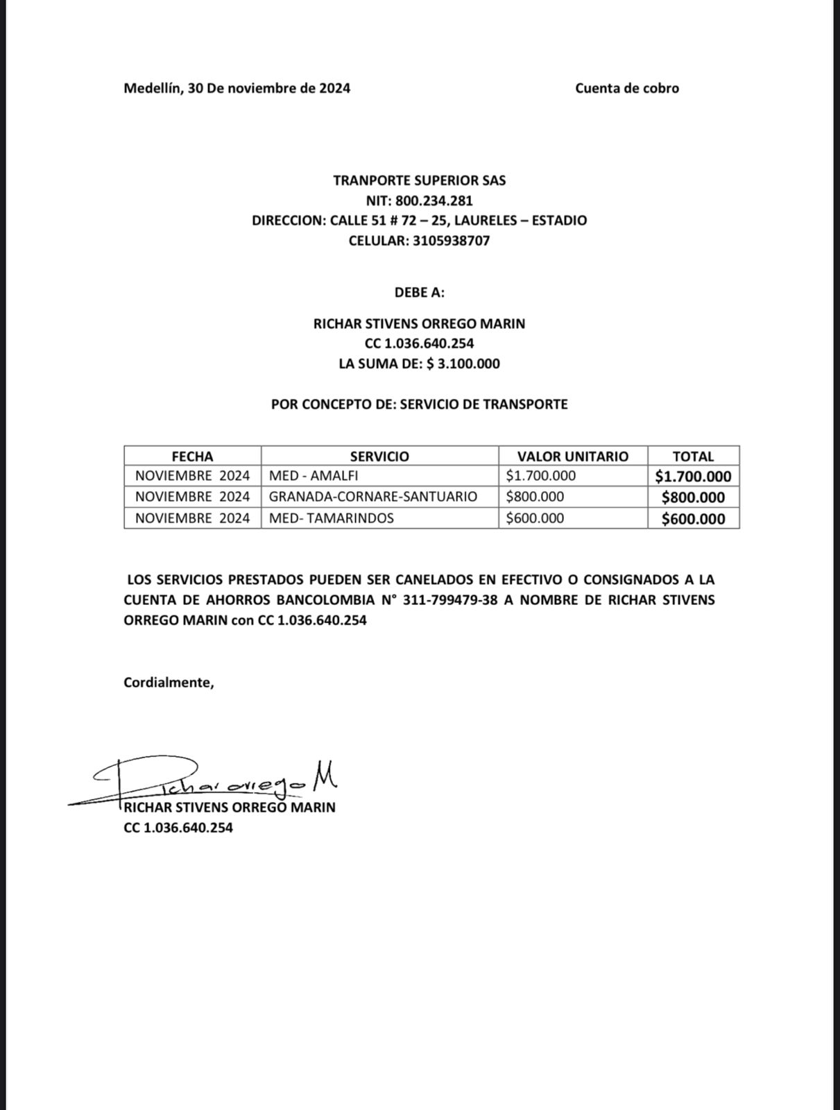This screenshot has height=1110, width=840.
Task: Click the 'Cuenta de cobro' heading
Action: point(626,88)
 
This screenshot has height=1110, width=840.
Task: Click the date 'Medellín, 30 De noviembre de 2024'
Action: point(237,88)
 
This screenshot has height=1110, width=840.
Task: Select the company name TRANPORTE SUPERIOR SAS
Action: point(419,180)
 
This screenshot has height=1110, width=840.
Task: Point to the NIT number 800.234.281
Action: point(434,201)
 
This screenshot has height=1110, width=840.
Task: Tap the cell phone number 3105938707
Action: point(451,241)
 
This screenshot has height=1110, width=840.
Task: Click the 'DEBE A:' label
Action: point(419,292)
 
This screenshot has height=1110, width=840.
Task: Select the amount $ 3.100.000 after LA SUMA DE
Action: point(463,364)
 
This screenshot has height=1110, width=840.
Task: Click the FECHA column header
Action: point(192,456)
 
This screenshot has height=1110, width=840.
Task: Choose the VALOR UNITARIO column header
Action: point(572,456)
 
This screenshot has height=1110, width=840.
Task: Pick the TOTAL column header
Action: point(693,456)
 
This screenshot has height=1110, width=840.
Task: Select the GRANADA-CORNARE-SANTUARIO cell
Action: point(372,497)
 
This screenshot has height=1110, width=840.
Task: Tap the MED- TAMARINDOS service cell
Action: point(331,518)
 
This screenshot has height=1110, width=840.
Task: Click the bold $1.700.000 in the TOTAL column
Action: point(693,477)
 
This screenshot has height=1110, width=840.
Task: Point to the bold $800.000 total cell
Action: point(693,497)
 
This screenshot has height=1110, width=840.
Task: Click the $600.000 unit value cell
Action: point(535,518)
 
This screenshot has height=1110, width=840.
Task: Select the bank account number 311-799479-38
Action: point(449,600)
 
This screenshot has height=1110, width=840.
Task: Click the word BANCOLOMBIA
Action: point(320,600)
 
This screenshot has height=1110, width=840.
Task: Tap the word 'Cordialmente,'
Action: point(169,683)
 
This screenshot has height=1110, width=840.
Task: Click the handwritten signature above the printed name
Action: point(215,780)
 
